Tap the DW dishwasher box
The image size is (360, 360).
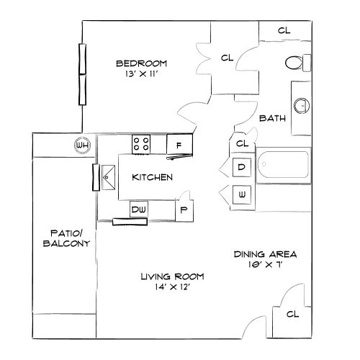point(139,210)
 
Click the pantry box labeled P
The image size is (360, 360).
point(184,210)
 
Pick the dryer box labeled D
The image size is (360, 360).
point(242,168)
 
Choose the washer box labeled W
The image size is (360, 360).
point(242,194)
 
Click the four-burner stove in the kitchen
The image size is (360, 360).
point(141,144)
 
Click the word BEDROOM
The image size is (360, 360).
point(142,63)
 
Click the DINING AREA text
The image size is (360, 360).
point(266,254)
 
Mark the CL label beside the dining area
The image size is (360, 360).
point(292,315)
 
